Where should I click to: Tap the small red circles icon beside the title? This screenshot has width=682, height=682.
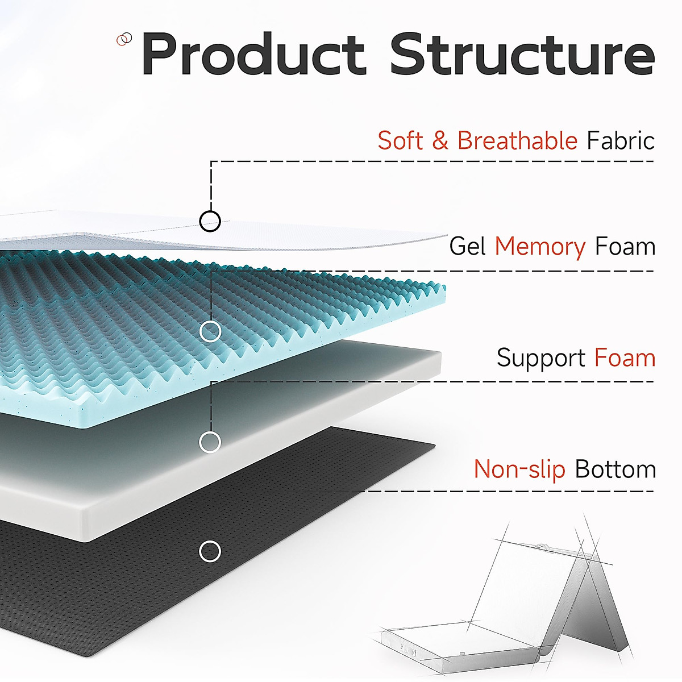(124, 39)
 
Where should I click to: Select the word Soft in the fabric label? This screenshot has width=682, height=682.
(400, 140)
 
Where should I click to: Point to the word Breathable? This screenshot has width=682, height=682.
(517, 140)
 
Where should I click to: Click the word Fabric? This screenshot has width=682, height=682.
(621, 140)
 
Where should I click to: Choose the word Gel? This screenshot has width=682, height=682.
(467, 247)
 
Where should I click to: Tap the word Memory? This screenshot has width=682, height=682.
(540, 247)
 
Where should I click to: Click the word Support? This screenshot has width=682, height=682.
(540, 358)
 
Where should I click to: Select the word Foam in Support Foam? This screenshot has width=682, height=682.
(625, 358)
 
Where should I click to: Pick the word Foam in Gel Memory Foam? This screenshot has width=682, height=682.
(625, 247)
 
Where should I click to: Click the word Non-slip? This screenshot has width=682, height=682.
(519, 469)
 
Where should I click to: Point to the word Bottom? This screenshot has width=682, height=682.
(616, 469)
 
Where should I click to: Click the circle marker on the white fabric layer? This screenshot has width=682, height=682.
(210, 221)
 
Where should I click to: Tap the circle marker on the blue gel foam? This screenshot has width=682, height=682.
(210, 331)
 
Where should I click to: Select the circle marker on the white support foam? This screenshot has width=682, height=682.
(210, 442)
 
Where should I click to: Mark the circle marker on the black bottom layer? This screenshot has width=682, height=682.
(210, 551)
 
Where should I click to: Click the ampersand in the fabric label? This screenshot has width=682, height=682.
(440, 141)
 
